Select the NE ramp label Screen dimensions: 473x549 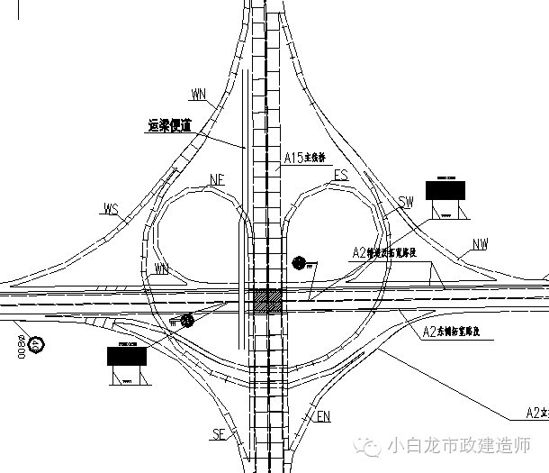(x=216, y=179)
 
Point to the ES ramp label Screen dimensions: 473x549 (x=340, y=175)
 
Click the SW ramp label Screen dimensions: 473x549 (x=405, y=203)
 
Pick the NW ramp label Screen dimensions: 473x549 (x=481, y=244)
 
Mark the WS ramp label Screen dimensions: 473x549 (x=112, y=211)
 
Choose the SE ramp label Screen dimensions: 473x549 (x=218, y=435)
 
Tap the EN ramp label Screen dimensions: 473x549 (x=324, y=416)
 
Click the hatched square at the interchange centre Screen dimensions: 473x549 (x=266, y=301)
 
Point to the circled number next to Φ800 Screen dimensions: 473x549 (x=34, y=343)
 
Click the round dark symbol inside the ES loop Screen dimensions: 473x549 (x=299, y=263)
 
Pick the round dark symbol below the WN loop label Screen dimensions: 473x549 (x=186, y=319)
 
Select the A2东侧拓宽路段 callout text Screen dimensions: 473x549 (x=458, y=332)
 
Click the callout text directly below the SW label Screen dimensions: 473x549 (x=388, y=253)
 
